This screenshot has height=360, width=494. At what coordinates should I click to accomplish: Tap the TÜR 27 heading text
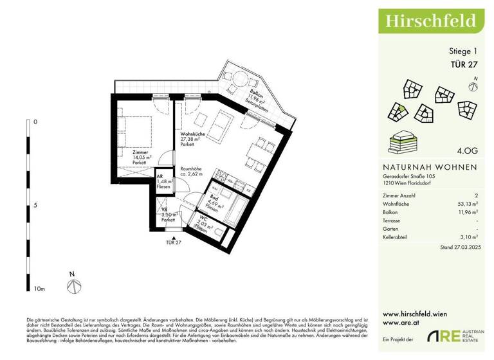462,63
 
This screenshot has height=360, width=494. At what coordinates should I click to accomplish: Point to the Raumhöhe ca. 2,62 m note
191,170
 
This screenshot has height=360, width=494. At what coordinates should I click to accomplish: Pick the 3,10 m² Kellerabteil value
467,237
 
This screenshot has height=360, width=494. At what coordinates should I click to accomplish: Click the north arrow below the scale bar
75,286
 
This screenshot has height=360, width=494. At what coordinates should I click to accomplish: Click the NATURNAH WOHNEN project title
430,166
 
